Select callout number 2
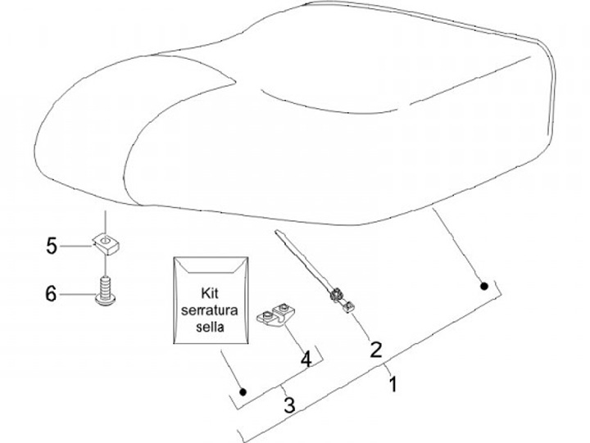tap(376, 350)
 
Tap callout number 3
tap(288, 404)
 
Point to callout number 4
tap(306, 359)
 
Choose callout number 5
tap(52, 244)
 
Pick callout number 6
tap(51, 292)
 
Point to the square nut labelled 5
tap(105, 242)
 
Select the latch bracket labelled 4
tap(277, 316)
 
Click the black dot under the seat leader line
tap(484, 286)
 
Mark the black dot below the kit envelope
tap(243, 391)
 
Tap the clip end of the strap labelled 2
tap(341, 297)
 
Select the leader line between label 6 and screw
tap(78, 293)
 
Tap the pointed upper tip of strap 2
tap(276, 235)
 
